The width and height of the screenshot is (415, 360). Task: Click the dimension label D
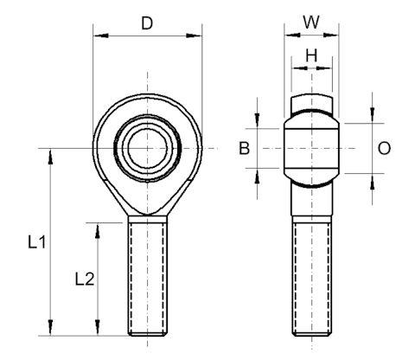pos(147,23)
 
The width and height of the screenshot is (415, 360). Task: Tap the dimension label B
pos(245,149)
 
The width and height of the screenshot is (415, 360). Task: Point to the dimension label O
pos(384,149)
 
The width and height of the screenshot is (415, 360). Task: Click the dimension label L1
pos(36,244)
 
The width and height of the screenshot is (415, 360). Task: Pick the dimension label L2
pos(84,279)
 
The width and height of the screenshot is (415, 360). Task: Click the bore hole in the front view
pos(147,149)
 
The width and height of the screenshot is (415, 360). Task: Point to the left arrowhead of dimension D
pos(98,36)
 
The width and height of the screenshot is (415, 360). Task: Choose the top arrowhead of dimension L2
pos(98,227)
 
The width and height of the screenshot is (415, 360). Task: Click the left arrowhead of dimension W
pos(290,36)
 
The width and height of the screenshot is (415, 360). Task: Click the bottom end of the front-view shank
pos(147,333)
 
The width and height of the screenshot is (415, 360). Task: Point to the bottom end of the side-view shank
pos(312,333)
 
